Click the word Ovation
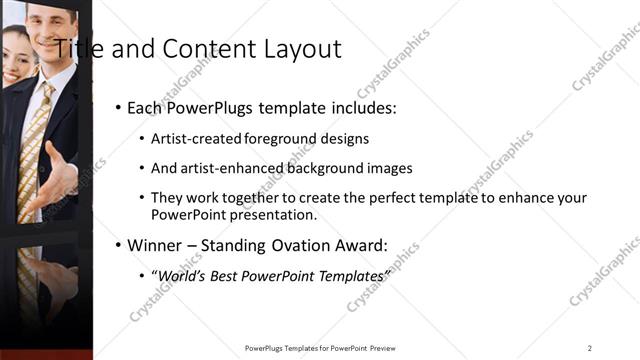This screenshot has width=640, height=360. pos(300,245)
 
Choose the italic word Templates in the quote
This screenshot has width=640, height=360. pos(348,275)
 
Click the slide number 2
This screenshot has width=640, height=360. pos(589,348)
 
